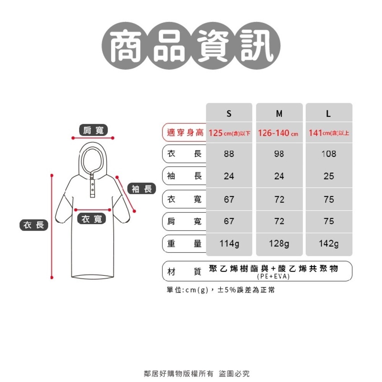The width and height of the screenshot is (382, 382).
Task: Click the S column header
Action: click(229, 114)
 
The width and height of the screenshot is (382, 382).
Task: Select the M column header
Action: click(279, 114)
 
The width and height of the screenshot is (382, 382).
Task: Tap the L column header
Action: click(329, 114)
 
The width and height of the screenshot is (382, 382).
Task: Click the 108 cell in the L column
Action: click(329, 154)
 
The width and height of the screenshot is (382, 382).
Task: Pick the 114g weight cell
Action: click(229, 244)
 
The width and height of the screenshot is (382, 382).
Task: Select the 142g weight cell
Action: click(329, 244)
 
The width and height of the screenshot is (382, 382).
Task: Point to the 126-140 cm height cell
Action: click(278, 133)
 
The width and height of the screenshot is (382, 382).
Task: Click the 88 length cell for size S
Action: click(229, 154)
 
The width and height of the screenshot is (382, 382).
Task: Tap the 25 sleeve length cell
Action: click(329, 176)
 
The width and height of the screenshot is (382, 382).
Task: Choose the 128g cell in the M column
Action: click(279, 244)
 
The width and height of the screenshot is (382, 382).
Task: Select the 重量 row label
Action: click(184, 244)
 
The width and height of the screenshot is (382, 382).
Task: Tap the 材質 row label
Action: click(184, 271)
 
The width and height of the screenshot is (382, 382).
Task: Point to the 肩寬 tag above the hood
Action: click(93, 130)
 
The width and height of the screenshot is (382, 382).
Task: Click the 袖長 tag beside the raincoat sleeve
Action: click(142, 188)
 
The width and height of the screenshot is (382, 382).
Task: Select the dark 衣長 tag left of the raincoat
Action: click(34, 225)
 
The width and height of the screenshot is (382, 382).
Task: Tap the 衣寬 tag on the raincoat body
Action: click(92, 219)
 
